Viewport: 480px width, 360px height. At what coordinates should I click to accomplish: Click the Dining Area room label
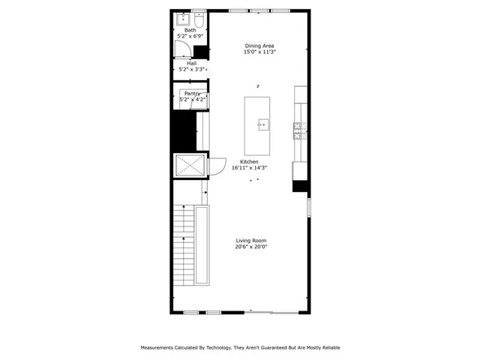point(259,46)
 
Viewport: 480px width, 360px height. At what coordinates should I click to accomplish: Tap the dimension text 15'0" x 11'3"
point(259,52)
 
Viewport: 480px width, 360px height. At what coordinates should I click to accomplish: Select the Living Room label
point(250,240)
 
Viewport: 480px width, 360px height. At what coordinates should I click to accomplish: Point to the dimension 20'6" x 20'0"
point(250,247)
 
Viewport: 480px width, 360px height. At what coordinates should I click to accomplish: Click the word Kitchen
point(249,162)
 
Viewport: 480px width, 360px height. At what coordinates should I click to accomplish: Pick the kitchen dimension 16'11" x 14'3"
point(249,169)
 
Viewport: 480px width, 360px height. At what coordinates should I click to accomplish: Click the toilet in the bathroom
point(199,19)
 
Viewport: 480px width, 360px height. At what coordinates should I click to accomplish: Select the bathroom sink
point(182,19)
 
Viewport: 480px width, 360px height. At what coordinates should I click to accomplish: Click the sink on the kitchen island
point(262,124)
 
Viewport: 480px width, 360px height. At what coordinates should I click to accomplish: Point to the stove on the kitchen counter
point(299,131)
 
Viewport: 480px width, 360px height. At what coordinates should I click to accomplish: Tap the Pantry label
point(192,94)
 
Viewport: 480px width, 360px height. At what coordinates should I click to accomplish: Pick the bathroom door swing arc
point(182,49)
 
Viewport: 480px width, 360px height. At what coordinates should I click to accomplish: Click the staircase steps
point(184,244)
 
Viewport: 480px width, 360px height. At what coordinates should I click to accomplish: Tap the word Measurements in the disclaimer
point(160,348)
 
